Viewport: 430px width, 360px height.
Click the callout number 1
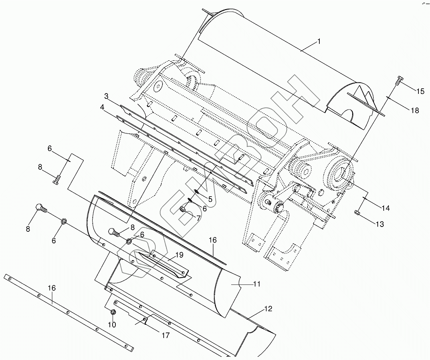319,41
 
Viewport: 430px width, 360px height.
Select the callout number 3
107,96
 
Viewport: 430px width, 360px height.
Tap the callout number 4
102,107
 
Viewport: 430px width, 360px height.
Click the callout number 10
112,325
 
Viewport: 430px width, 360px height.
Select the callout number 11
257,284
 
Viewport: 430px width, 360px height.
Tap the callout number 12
268,309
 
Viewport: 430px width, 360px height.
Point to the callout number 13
379,224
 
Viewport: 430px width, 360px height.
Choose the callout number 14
385,208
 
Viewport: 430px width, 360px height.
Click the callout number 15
420,91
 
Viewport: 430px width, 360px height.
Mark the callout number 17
165,335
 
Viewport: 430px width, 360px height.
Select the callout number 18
415,110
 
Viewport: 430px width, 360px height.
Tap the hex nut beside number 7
183,209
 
